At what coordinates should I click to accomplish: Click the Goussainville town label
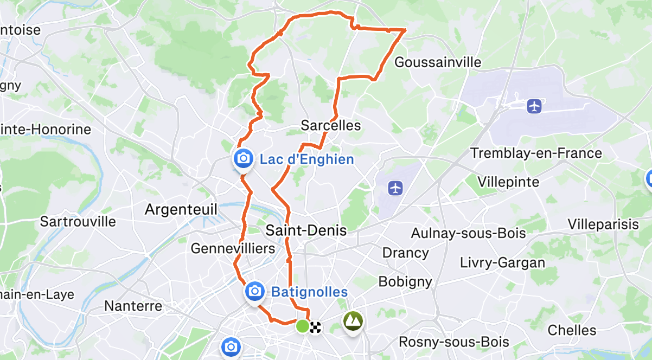pyautogui.click(x=438, y=62)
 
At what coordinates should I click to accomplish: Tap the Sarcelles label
pyautogui.click(x=331, y=126)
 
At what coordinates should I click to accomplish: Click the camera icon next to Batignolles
pyautogui.click(x=254, y=292)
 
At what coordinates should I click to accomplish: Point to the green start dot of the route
pyautogui.click(x=302, y=326)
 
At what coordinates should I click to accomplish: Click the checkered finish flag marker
pyautogui.click(x=315, y=326)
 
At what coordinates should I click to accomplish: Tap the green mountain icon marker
pyautogui.click(x=353, y=321)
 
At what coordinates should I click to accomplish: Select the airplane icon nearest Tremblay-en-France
pyautogui.click(x=535, y=106)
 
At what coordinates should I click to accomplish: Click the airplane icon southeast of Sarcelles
pyautogui.click(x=396, y=188)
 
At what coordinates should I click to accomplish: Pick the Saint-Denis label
pyautogui.click(x=306, y=230)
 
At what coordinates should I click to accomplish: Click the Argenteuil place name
pyautogui.click(x=181, y=209)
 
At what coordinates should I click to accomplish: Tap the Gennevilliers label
pyautogui.click(x=233, y=248)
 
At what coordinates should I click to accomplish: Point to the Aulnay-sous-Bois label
pyautogui.click(x=469, y=233)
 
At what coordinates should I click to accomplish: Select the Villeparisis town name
pyautogui.click(x=603, y=224)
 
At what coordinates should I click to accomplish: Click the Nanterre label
pyautogui.click(x=133, y=306)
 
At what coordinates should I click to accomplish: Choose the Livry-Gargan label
pyautogui.click(x=502, y=263)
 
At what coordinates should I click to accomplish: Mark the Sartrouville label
pyautogui.click(x=78, y=221)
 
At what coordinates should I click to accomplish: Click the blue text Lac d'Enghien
pyautogui.click(x=307, y=159)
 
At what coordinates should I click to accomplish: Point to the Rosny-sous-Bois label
pyautogui.click(x=453, y=342)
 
